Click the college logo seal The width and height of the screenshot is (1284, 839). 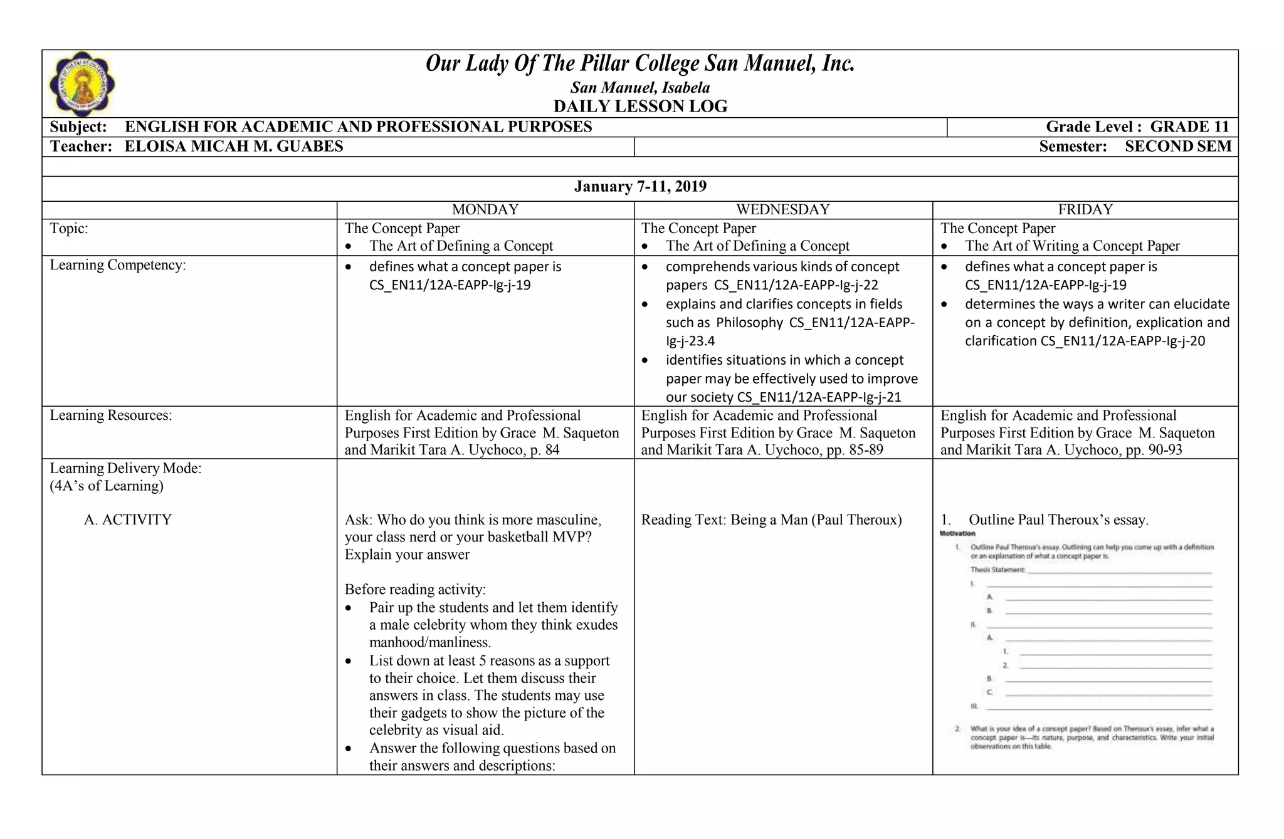(x=82, y=84)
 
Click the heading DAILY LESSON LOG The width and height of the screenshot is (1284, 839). (x=640, y=107)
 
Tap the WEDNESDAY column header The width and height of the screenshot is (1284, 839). (x=782, y=210)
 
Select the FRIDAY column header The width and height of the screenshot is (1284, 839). (x=1085, y=210)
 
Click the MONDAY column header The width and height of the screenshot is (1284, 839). (x=485, y=210)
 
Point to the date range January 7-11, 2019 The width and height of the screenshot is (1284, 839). (x=640, y=187)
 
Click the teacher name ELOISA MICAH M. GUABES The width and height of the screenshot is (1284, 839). (x=234, y=147)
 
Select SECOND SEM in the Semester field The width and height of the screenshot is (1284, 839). (x=1177, y=147)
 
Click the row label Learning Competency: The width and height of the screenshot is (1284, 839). (x=118, y=265)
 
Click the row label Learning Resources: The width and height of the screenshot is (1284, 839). (x=111, y=415)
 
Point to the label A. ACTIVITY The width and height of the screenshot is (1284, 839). (x=128, y=520)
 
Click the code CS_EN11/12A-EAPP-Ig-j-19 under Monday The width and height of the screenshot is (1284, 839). (x=450, y=286)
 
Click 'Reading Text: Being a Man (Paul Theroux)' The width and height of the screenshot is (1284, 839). (x=771, y=520)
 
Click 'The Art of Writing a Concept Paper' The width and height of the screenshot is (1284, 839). (x=1072, y=246)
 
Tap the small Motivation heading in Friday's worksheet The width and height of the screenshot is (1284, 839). (x=957, y=534)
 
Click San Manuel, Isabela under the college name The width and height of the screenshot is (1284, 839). (x=640, y=88)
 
